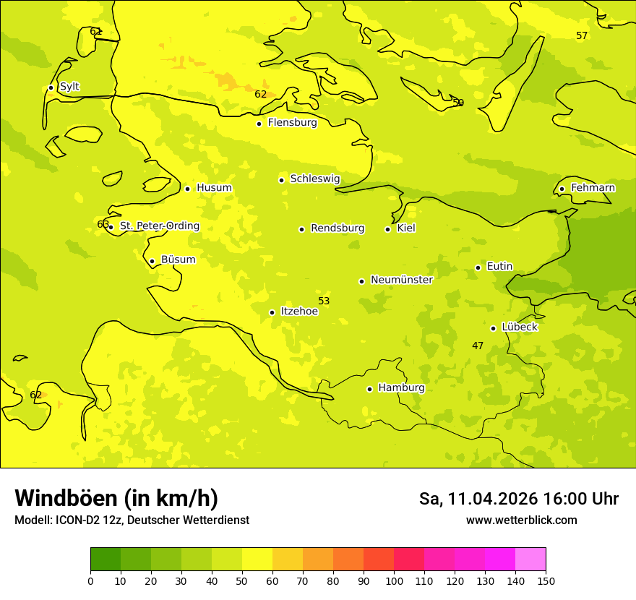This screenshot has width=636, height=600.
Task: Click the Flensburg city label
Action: point(292,123)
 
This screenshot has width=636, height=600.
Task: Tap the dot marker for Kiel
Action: point(387,229)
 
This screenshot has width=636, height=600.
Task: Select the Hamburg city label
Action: point(401,388)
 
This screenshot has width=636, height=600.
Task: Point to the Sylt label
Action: point(69,87)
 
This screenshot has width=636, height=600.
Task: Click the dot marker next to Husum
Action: point(187,189)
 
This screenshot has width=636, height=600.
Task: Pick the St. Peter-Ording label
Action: point(159,226)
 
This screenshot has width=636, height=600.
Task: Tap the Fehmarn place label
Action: point(593,188)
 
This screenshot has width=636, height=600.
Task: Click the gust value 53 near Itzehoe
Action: point(324,301)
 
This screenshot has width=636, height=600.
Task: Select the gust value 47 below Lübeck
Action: point(478,346)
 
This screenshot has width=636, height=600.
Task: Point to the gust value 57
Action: point(582,36)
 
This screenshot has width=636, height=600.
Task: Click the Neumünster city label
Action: point(401,280)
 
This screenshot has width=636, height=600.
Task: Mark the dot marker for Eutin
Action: point(478,267)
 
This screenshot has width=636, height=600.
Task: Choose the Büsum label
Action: point(178,260)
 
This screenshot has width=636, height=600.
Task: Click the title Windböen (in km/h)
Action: point(116,498)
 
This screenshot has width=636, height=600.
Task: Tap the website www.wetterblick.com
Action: point(521,520)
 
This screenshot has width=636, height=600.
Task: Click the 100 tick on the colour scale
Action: point(394,580)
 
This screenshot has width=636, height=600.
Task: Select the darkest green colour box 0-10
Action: point(106,559)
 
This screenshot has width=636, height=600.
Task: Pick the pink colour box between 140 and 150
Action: point(530,559)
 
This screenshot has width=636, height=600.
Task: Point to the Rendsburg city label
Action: point(337,228)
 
